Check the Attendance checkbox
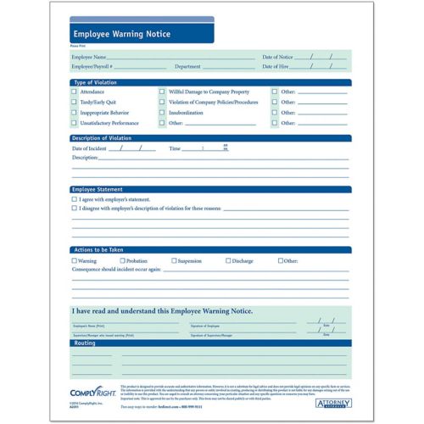tap(74, 91)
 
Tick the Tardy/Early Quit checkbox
tap(74, 101)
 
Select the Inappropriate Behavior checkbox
tap(74, 112)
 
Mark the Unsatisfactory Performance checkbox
tap(74, 123)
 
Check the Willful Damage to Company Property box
tap(162, 91)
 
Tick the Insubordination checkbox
tap(162, 112)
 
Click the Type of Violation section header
tap(95, 81)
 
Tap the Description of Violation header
tap(102, 137)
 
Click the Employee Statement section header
tap(98, 189)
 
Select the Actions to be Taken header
tap(98, 250)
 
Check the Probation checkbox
tap(121, 261)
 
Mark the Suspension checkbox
tap(174, 261)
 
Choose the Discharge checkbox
tap(228, 261)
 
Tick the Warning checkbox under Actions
tap(74, 261)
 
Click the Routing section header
tap(85, 343)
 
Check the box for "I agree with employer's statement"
tap(74, 199)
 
